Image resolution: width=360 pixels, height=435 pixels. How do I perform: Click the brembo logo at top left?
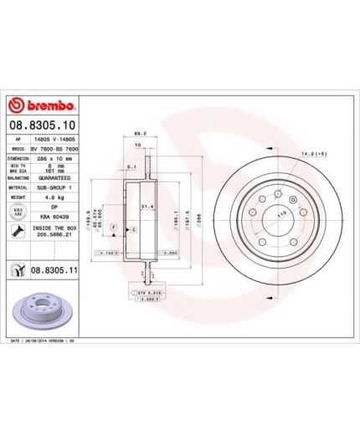(41, 106)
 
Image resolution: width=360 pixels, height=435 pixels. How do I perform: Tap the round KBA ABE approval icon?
(16, 213)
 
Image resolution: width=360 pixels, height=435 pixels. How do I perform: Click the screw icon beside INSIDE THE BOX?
(16, 232)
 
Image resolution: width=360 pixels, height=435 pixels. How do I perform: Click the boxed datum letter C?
(133, 228)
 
